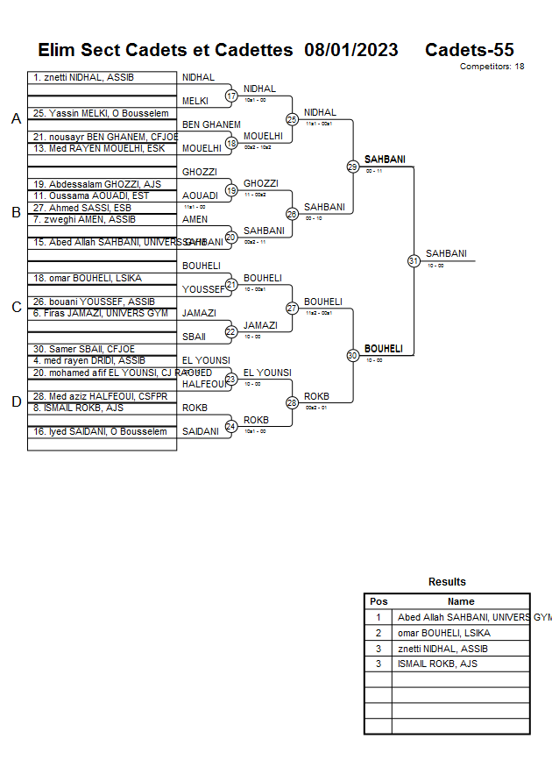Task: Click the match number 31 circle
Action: (413, 260)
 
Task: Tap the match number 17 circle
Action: (231, 96)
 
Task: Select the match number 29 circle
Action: (352, 167)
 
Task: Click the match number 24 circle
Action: (231, 426)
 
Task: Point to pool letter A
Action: (16, 118)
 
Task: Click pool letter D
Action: (16, 401)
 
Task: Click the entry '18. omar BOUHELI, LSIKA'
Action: (88, 279)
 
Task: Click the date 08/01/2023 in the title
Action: (351, 50)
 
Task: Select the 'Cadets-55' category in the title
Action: (470, 50)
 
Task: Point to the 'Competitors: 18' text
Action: (492, 67)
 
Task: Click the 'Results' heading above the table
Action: (447, 582)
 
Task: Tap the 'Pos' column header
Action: (379, 601)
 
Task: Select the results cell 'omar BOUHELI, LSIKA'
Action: (443, 633)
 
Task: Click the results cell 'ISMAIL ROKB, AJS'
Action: (437, 664)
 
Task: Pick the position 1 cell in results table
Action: (379, 617)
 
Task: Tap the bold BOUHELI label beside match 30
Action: (384, 349)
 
